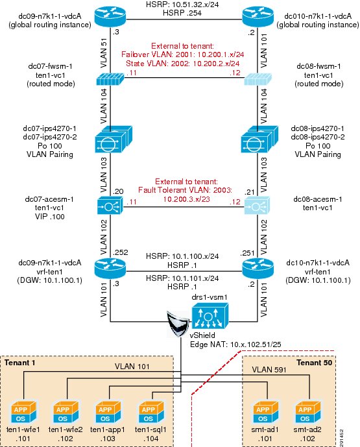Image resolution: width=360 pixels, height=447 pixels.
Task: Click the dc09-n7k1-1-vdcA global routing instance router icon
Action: [110, 17]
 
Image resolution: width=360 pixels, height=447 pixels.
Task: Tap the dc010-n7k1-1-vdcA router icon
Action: [258, 17]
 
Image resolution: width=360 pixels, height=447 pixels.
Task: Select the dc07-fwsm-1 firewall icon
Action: [110, 79]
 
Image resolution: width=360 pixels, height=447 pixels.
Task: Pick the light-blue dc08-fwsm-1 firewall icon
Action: [258, 79]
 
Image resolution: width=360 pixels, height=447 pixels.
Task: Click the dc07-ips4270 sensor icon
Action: [113, 139]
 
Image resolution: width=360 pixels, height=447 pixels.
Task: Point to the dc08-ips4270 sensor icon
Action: [259, 139]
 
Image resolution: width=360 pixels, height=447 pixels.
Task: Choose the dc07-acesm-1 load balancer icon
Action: [110, 205]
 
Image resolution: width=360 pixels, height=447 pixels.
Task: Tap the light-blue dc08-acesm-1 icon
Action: [257, 205]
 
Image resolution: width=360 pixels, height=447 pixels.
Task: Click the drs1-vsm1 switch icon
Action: [210, 315]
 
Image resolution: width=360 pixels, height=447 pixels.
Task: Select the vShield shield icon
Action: [177, 324]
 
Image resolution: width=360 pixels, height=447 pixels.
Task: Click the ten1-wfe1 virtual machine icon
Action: [23, 412]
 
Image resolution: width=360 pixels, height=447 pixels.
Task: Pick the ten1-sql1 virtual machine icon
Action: [151, 412]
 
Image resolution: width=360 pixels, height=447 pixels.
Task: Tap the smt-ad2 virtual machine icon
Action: [308, 412]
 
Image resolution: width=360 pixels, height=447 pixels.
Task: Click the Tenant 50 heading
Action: [315, 363]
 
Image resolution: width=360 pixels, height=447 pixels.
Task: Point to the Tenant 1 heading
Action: [20, 363]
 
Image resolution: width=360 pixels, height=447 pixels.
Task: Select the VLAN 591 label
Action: [269, 370]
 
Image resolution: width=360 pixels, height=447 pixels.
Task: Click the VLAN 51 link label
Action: [104, 53]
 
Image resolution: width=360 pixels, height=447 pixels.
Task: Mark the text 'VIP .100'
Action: [49, 217]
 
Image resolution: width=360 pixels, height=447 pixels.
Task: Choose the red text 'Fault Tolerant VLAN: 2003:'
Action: [186, 190]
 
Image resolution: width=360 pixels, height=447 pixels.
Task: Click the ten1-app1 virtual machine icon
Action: [108, 412]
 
